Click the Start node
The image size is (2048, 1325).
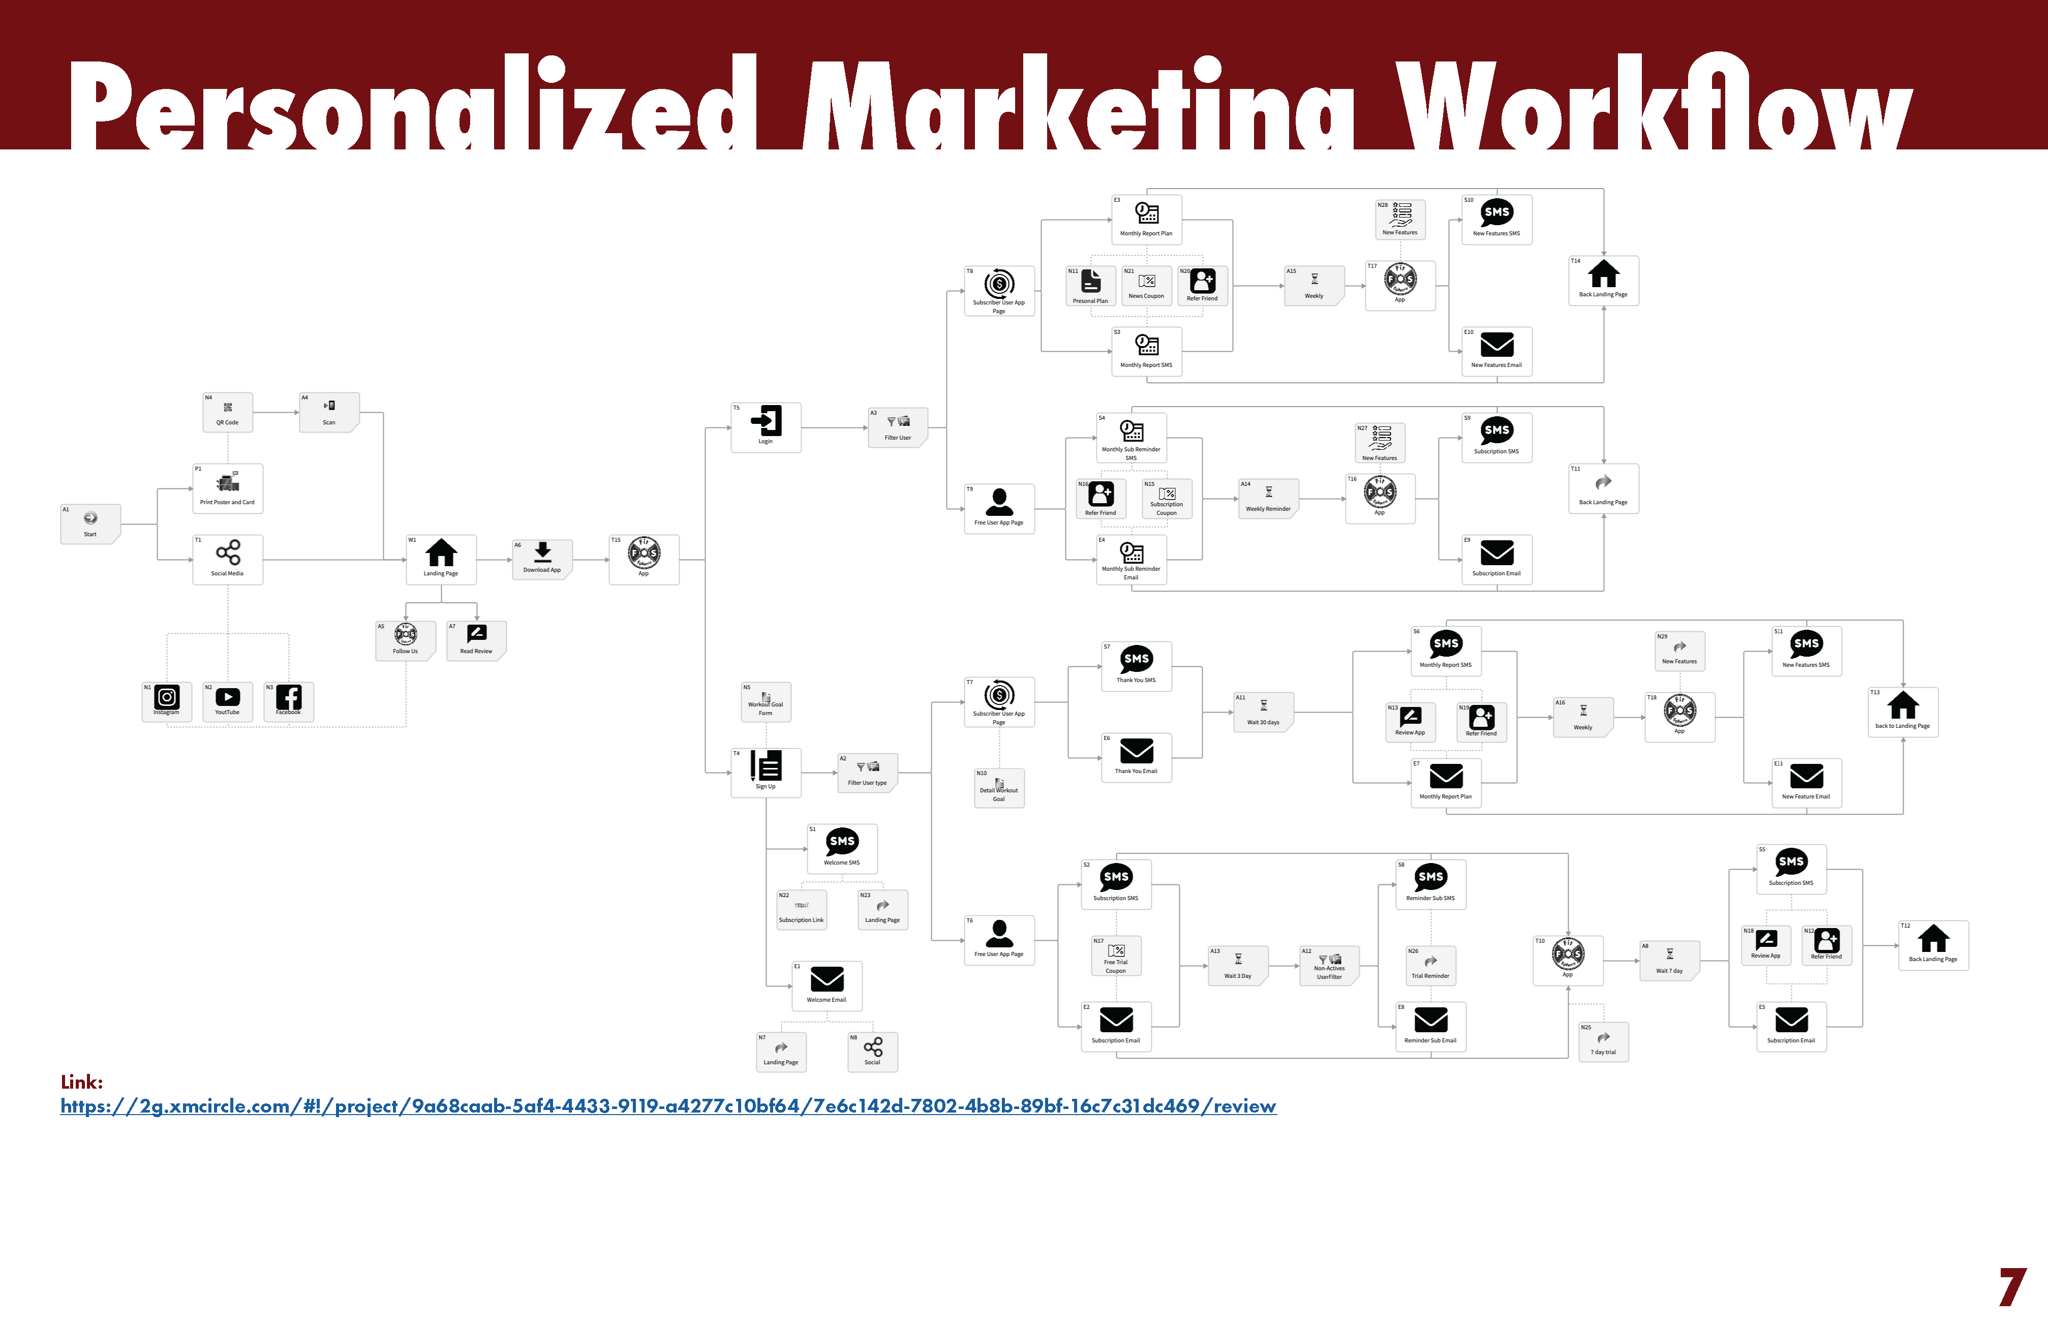(x=90, y=523)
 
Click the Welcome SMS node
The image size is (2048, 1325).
(x=842, y=847)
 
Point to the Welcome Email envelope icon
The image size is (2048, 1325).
(x=827, y=979)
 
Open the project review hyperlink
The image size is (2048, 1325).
(x=668, y=1106)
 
